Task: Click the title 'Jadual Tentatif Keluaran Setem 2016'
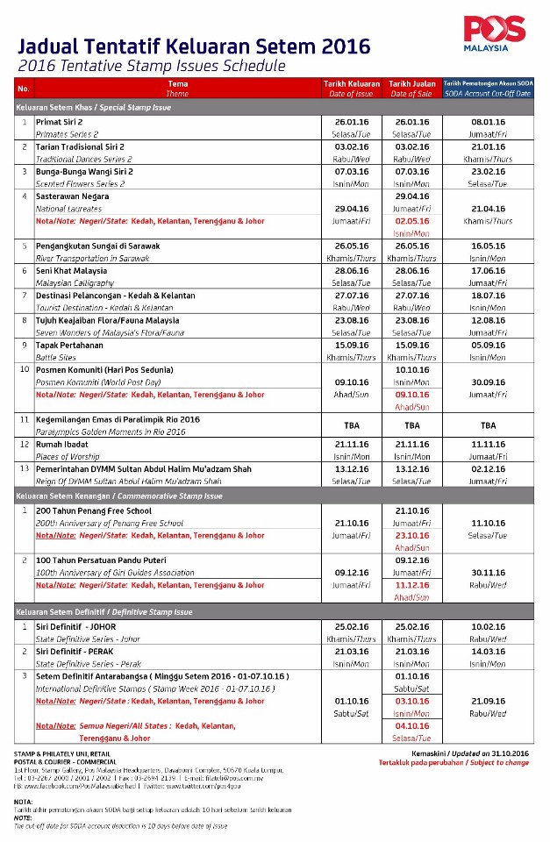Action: [194, 46]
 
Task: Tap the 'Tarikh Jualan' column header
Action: [411, 82]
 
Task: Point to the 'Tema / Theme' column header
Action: [177, 88]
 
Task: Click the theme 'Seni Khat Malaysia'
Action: [71, 271]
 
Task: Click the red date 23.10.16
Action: [411, 534]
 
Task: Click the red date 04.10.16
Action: [411, 726]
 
